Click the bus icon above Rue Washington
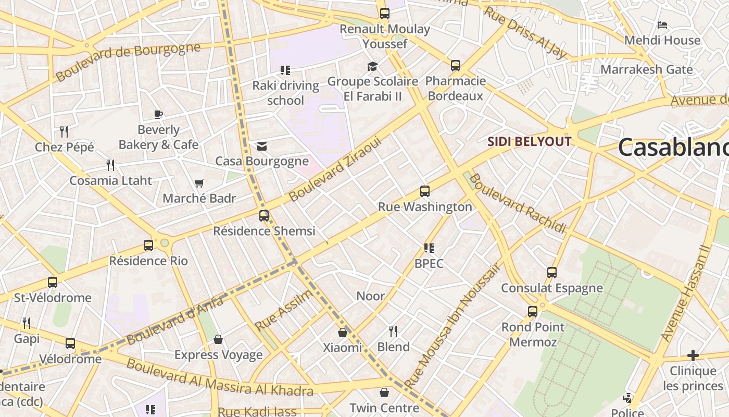click(425, 191)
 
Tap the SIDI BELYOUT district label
click(529, 141)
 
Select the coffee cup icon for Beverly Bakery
click(158, 114)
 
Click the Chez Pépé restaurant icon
click(64, 131)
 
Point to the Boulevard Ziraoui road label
click(335, 169)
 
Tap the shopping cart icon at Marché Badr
click(199, 183)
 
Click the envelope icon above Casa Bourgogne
click(262, 146)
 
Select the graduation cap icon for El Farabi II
click(372, 66)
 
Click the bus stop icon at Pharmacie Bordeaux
click(456, 66)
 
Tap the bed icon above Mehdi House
click(662, 25)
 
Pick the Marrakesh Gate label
click(647, 69)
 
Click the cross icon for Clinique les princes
click(693, 355)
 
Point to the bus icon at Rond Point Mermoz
click(533, 312)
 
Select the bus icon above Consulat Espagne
click(552, 273)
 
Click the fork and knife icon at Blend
click(393, 332)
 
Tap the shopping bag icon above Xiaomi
click(343, 333)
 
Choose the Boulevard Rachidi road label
click(517, 203)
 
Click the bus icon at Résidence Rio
click(148, 246)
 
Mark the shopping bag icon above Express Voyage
click(218, 340)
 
